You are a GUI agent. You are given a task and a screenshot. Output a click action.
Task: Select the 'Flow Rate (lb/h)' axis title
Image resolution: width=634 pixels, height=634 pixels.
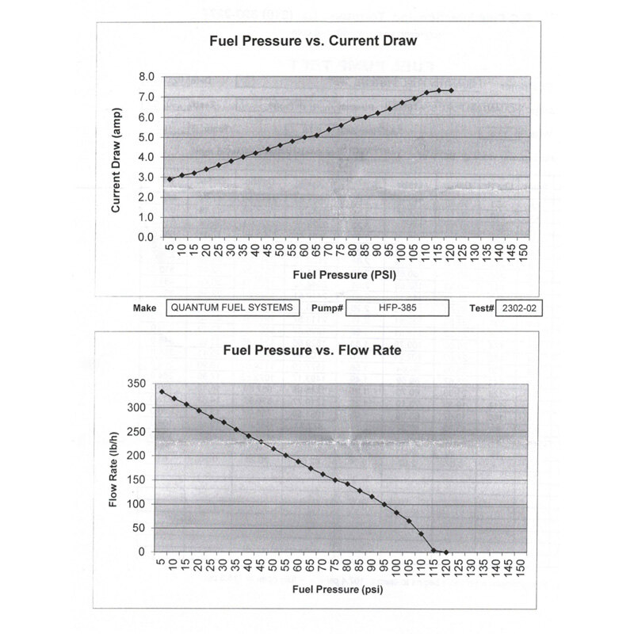click(x=114, y=468)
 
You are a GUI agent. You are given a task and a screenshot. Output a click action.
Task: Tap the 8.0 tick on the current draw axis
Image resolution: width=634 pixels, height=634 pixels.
click(x=145, y=77)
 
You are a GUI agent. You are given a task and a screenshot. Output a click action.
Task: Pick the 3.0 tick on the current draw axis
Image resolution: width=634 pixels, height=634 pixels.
click(x=145, y=178)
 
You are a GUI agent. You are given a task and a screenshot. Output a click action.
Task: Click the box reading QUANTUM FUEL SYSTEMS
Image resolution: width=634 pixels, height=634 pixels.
click(x=233, y=308)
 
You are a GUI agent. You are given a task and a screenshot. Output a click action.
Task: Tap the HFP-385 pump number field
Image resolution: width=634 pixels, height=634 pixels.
click(x=398, y=308)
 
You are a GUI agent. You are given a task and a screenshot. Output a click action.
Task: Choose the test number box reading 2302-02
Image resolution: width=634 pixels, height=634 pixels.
click(x=520, y=308)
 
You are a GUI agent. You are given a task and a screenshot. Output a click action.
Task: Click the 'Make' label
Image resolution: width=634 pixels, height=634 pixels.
click(x=145, y=308)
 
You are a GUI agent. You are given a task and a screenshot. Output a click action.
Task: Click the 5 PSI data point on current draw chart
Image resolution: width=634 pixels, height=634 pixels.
click(x=170, y=179)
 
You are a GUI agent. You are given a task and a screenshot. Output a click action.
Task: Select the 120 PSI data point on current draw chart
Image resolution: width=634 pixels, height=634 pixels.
click(x=451, y=90)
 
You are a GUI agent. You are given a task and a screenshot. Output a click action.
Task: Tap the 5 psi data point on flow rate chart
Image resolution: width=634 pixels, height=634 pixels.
click(x=162, y=391)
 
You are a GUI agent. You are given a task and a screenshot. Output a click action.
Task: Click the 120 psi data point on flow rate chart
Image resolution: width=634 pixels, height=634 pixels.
click(x=446, y=552)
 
